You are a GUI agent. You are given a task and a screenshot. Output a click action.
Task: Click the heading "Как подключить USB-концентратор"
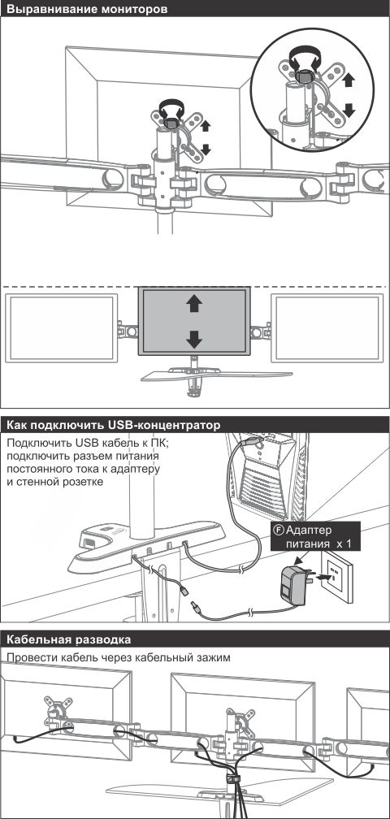coord(112,425)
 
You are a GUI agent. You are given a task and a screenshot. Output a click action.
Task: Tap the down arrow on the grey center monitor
coord(193,340)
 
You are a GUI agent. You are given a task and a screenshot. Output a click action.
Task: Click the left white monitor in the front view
coord(61,328)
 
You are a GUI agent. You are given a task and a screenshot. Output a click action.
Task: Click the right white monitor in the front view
coord(327,328)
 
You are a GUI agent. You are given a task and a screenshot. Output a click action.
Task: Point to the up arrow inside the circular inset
coord(349,80)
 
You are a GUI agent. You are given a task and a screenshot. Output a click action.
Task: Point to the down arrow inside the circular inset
coord(349,110)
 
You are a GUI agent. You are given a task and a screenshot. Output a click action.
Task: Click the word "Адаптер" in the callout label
coord(309,531)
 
